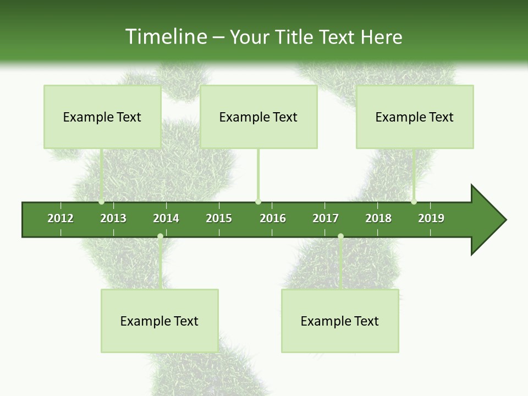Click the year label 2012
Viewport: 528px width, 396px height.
61,218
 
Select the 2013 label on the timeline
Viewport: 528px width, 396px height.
113,218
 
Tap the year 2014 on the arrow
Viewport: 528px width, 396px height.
166,218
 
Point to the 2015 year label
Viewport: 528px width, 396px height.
219,218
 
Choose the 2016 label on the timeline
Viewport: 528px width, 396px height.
273,218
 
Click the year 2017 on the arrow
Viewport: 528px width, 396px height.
326,218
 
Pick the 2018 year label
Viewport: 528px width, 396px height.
378,218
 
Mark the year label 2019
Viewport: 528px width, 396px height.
431,218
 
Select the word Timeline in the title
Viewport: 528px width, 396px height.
166,37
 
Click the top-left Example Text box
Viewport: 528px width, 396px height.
102,117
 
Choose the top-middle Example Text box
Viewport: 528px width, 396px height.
258,117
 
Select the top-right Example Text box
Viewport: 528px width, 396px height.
415,117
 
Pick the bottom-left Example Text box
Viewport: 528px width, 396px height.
159,321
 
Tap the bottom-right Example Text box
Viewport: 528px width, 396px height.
340,321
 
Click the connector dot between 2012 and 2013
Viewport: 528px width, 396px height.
102,202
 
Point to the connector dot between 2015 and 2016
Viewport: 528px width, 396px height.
258,202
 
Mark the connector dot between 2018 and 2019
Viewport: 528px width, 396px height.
414,202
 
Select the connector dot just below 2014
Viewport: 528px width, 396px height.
160,237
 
